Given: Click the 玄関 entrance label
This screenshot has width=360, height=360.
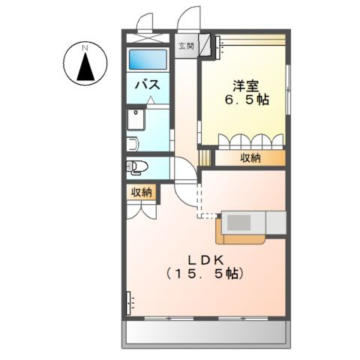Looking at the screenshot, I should coord(185,46).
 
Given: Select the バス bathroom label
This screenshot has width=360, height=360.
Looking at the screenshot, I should coord(146,85).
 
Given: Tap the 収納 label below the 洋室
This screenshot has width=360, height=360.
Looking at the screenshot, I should coord(250,157).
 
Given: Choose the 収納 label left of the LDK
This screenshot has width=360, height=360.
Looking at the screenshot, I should coord(142,193).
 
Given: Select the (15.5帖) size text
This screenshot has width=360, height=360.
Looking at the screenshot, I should coord(207,274).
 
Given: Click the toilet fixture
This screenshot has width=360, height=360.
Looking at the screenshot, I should coord(137,166).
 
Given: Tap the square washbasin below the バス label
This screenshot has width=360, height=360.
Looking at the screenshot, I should coord(137,119).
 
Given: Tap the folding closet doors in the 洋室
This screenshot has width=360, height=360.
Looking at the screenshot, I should coord(250,141).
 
